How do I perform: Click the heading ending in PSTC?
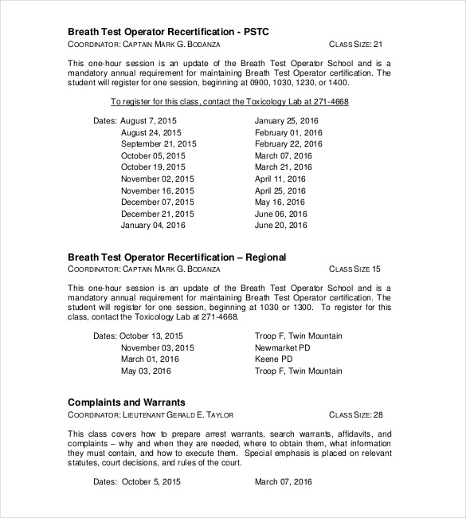coord(169,31)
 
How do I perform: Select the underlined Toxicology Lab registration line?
coord(229,102)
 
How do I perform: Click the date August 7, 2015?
coord(149,120)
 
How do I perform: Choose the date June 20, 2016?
coord(280,226)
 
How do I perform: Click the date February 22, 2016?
coord(288,143)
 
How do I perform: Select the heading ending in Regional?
coord(177,257)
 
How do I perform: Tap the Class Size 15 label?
coord(355,269)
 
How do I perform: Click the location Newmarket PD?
coord(283,347)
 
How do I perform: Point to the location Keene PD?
coord(273,359)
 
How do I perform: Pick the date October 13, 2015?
coord(151,336)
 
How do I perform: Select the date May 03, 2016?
coord(146,371)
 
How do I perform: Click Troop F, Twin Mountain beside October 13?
coord(299,336)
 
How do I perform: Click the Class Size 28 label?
coord(356,414)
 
